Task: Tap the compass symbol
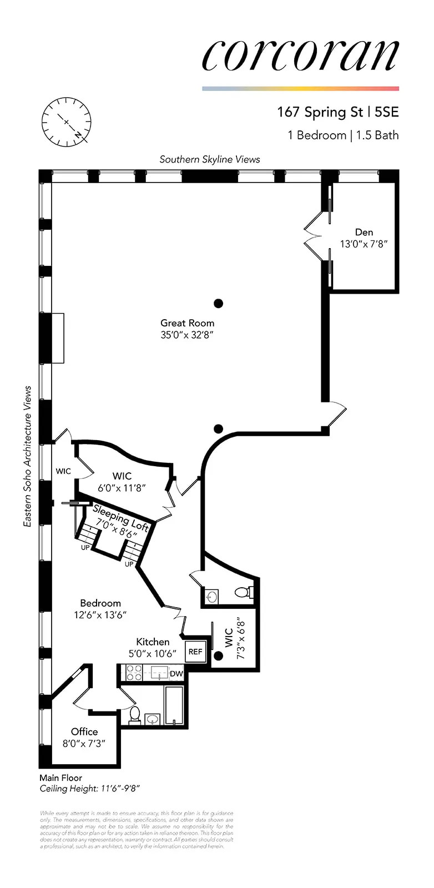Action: [x=66, y=121]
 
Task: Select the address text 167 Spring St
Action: [x=320, y=112]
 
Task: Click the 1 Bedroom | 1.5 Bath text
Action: [x=343, y=135]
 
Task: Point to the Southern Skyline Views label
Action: [x=210, y=159]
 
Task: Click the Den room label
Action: [x=364, y=232]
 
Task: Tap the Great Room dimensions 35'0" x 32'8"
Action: [x=187, y=335]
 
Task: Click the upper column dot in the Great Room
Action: [x=219, y=303]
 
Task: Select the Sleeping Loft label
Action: [x=120, y=517]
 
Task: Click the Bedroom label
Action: [x=100, y=603]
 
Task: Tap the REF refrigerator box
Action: [x=195, y=652]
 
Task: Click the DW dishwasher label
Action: [x=176, y=674]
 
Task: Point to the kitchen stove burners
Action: [x=134, y=673]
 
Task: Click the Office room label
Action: [x=84, y=731]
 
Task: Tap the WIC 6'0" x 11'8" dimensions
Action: [x=122, y=488]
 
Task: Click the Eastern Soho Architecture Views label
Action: [x=28, y=456]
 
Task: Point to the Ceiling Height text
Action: [x=93, y=789]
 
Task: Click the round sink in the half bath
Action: [x=211, y=597]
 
